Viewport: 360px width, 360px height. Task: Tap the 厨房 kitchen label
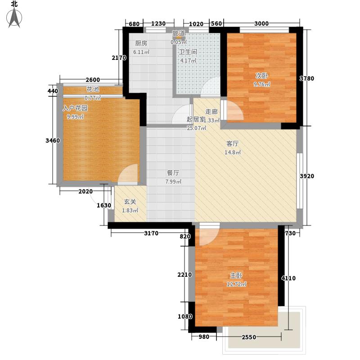[141, 44]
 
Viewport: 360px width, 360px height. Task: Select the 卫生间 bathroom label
[188, 52]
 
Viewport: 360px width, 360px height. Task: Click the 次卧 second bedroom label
[261, 76]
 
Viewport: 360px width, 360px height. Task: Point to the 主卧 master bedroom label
[236, 275]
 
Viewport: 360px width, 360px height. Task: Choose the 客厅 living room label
[232, 144]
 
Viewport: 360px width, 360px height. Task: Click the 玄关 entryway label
[130, 202]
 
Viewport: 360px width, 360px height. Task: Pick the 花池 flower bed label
[93, 89]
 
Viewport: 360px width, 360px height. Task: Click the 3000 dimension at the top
[261, 24]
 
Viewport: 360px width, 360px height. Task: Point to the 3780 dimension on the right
[307, 79]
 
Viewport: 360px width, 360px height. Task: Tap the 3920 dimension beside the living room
[307, 176]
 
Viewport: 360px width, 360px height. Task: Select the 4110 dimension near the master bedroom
[288, 279]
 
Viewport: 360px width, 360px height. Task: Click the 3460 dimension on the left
[53, 141]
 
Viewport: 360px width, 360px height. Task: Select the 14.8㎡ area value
[233, 153]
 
